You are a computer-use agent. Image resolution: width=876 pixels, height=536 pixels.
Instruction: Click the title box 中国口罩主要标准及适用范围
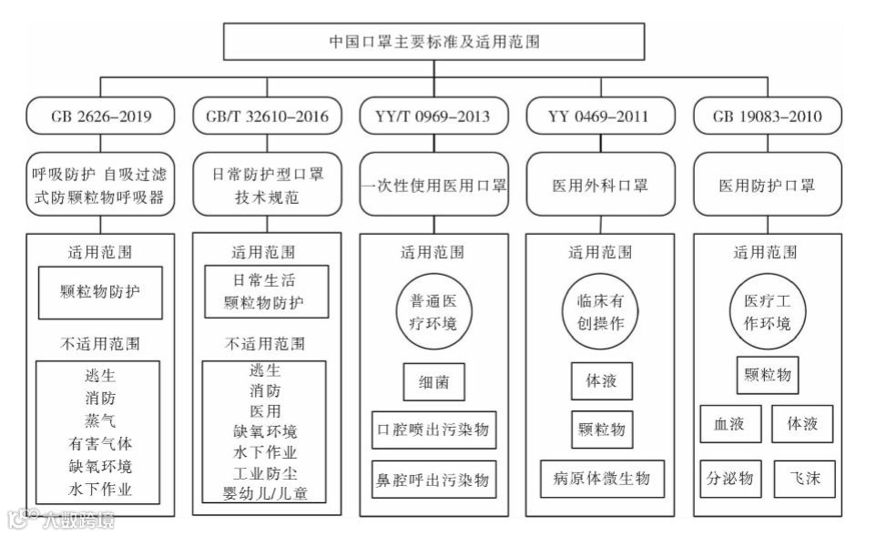coord(438,42)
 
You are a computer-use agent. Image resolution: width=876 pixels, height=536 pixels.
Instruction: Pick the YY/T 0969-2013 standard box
coord(433,116)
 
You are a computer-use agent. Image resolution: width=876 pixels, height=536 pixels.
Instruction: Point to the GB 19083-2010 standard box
coord(768,116)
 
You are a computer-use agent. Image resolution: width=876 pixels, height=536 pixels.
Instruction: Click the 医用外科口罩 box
coord(600,185)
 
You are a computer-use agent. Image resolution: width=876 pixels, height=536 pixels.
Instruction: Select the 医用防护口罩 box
coord(768,185)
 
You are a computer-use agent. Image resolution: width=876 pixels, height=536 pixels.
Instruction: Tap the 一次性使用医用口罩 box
coord(433,185)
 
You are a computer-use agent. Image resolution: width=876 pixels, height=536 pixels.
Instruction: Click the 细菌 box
coord(433,382)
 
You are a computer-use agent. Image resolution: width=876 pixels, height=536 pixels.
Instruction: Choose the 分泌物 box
coord(730,478)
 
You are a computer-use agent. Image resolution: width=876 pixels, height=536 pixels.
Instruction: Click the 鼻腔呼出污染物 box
coord(433,478)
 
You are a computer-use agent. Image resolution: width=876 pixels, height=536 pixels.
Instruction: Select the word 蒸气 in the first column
coord(99,420)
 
